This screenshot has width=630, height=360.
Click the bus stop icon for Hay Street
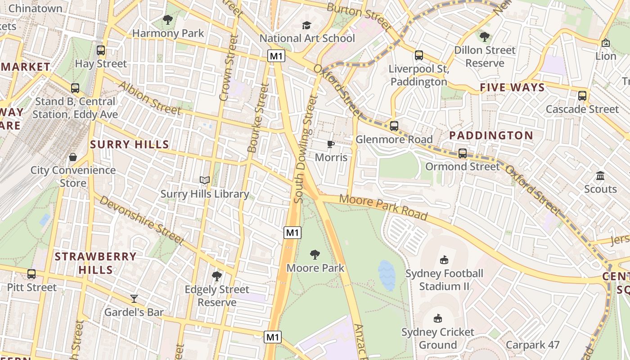[x=101, y=50]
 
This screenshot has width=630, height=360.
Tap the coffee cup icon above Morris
[x=331, y=144]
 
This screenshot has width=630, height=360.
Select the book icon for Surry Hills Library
[x=205, y=180]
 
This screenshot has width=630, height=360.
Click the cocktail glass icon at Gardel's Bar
[x=134, y=298]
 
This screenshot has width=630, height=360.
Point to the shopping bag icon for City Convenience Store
[x=73, y=157]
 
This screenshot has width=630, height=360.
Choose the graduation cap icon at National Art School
[x=306, y=25]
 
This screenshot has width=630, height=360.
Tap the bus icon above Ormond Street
[x=462, y=153]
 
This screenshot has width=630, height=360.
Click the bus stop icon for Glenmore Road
[x=394, y=126]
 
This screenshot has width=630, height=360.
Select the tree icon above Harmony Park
[x=168, y=20]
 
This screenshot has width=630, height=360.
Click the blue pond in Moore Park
[x=387, y=275]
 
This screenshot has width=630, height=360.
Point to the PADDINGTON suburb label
[x=491, y=135]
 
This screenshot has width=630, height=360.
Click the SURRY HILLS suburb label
[x=130, y=144]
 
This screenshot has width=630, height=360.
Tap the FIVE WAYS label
[x=512, y=87]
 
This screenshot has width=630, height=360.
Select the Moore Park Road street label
[x=383, y=207]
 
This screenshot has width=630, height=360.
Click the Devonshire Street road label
[x=141, y=220]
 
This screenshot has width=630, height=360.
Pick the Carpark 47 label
[x=532, y=345]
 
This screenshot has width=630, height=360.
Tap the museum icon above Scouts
[x=600, y=175]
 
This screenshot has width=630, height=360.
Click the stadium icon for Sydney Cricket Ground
[x=437, y=319]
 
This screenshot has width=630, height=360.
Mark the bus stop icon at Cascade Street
[x=582, y=96]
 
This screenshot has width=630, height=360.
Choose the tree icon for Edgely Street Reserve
[x=217, y=276]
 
